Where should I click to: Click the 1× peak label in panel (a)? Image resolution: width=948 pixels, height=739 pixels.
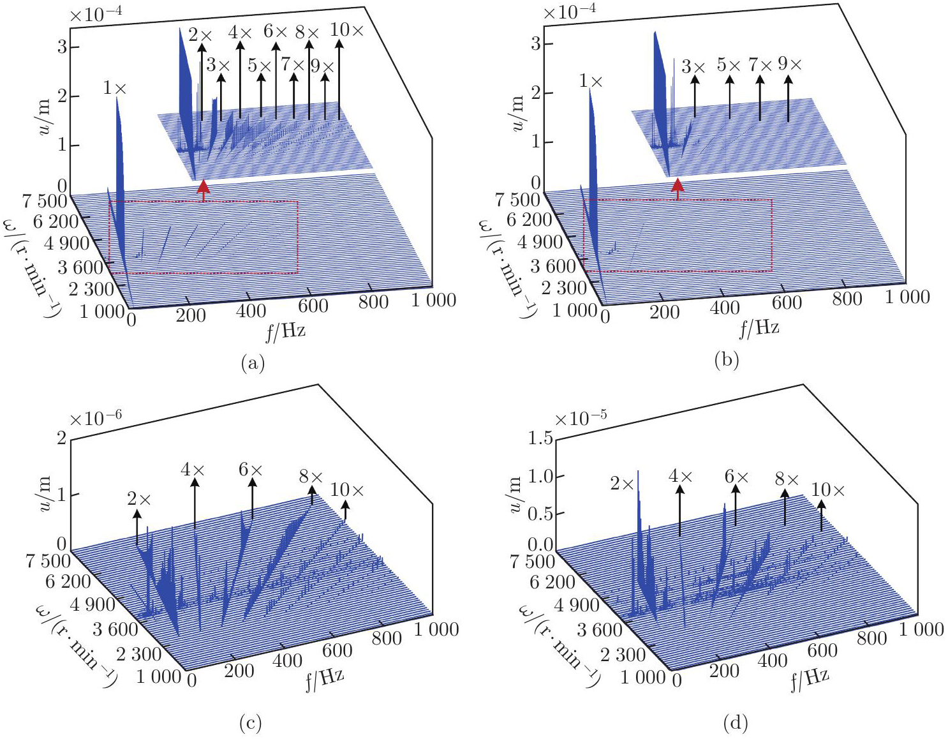[115, 88]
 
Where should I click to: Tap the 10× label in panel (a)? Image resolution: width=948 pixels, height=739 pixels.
[347, 29]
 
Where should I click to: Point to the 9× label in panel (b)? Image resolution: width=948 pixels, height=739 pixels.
[790, 64]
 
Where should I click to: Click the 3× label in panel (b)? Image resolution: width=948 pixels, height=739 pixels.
[693, 66]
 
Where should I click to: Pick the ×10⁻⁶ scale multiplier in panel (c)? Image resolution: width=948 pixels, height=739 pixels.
[96, 419]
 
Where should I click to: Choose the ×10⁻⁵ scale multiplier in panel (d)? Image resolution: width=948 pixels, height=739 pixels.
[581, 419]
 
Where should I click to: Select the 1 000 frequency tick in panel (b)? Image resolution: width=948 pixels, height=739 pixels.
[907, 296]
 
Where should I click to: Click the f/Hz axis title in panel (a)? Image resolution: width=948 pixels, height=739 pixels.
[285, 330]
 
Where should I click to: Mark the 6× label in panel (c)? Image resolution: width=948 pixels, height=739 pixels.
[250, 470]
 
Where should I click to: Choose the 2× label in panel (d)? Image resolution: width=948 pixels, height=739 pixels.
[623, 483]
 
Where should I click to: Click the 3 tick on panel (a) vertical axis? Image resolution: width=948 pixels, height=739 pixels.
[63, 47]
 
